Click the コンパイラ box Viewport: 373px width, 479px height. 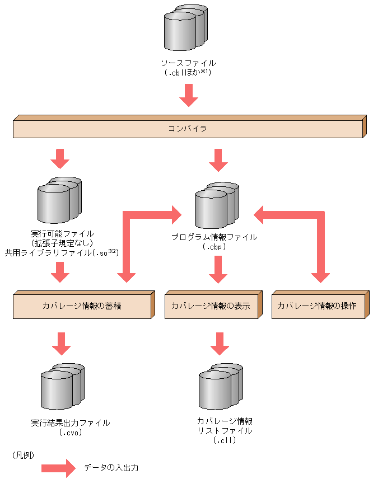click(x=188, y=129)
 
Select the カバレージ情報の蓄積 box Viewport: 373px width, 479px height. click(x=82, y=306)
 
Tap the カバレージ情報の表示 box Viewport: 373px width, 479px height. click(x=211, y=306)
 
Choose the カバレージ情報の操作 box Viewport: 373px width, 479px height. click(x=317, y=306)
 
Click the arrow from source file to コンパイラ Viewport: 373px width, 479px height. click(x=188, y=95)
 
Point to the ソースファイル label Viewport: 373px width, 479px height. click(x=188, y=63)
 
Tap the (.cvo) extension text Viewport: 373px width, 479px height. click(x=71, y=433)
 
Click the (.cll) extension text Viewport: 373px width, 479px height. click(x=225, y=440)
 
